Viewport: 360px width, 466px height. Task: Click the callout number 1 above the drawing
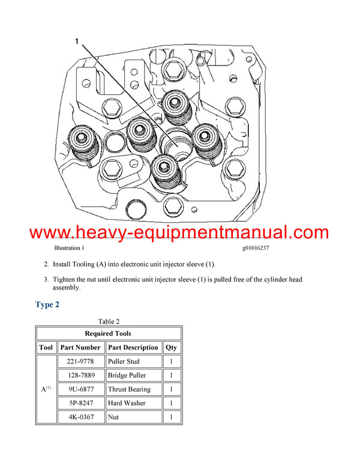coord(77,41)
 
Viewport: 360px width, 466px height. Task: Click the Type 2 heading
coord(47,304)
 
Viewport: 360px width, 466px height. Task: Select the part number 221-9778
coord(80,362)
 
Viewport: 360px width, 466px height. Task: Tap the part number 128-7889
coord(80,375)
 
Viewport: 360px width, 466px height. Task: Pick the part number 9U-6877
coord(80,389)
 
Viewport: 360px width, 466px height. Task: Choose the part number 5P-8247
coord(80,403)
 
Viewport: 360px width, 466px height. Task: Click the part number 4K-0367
coord(80,417)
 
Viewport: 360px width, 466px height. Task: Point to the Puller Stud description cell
coord(127,362)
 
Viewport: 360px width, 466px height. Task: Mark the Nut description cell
coord(113,417)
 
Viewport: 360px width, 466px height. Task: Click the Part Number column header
coord(80,347)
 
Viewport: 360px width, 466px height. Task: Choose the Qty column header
coord(172,347)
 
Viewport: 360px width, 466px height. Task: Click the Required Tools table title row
coord(109,333)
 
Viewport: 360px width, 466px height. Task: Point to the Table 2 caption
coord(109,321)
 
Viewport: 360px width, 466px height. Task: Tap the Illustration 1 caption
coord(69,247)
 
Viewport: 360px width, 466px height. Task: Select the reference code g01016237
coord(260,247)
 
